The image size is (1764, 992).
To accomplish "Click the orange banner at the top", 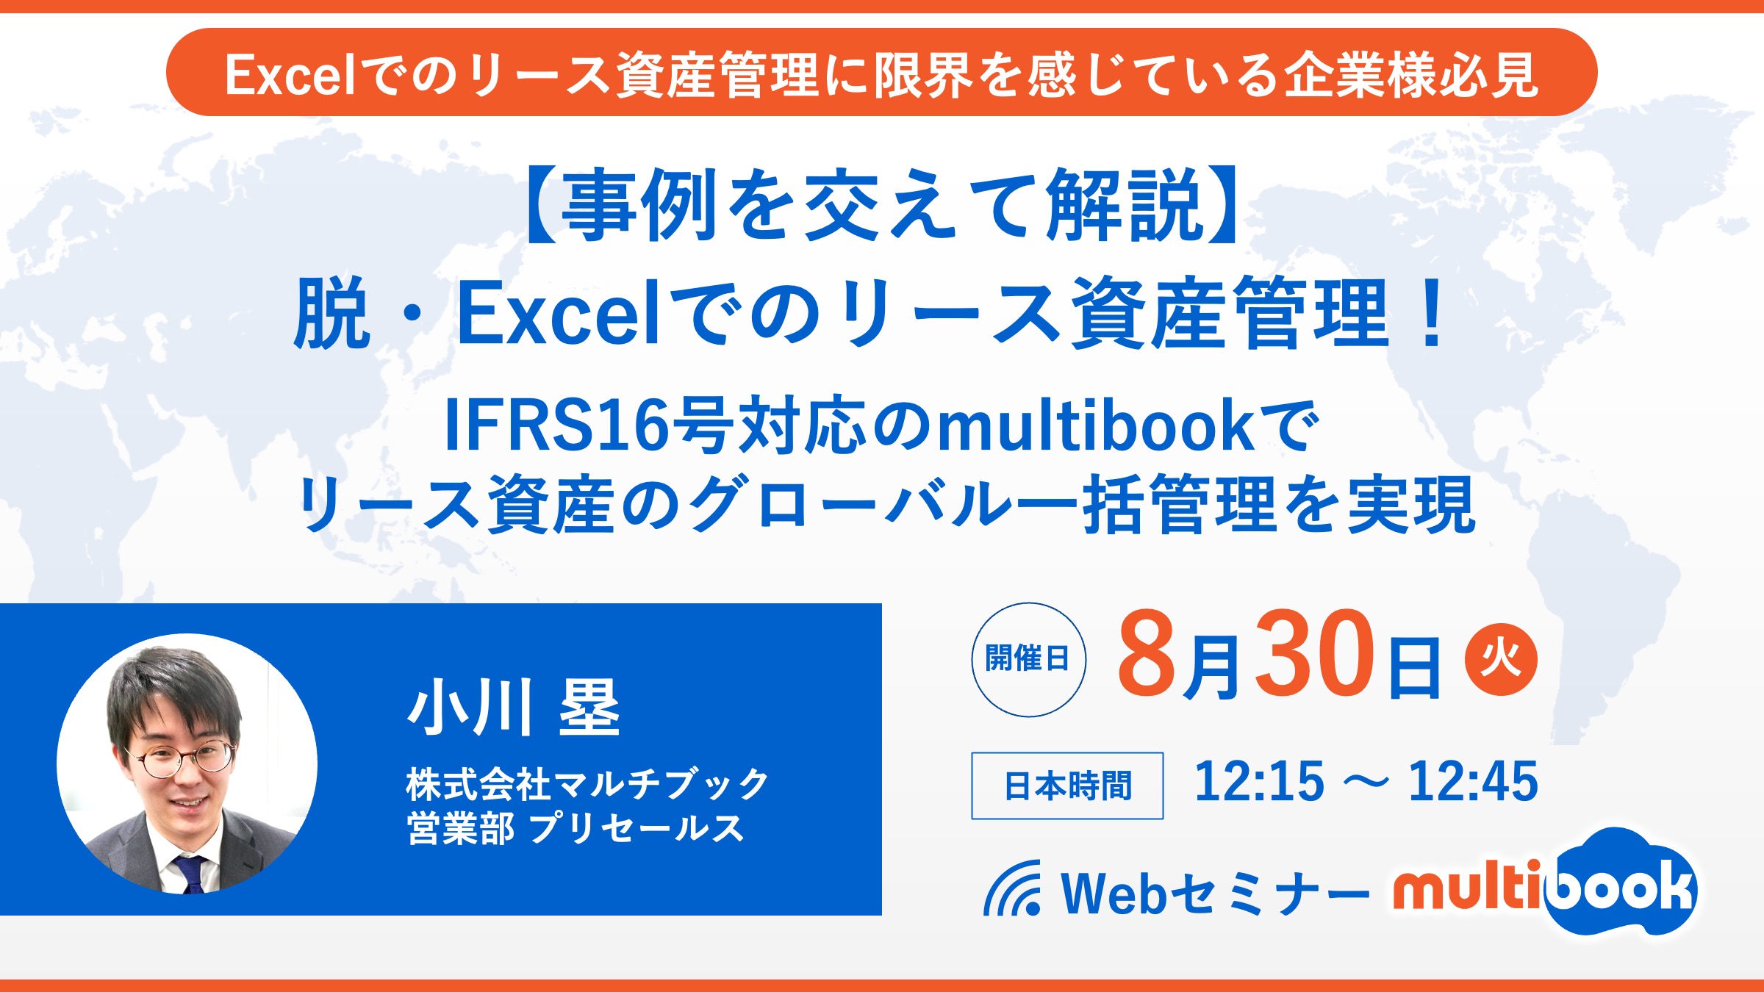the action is coord(881,72).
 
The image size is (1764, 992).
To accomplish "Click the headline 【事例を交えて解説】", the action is coord(881,205).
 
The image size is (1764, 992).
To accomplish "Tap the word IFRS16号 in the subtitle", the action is coord(589,425).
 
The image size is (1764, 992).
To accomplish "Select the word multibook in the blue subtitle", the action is coord(1096,425).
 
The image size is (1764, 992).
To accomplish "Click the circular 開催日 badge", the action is coord(1028,659).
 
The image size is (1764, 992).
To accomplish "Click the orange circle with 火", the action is coord(1501,659).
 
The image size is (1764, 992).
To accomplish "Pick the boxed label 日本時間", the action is coord(1067,786).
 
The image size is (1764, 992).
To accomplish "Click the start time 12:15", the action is coord(1259,781).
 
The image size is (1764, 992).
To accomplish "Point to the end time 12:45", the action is coord(1473,781).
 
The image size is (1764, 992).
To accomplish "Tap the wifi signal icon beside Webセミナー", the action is coord(1013,889).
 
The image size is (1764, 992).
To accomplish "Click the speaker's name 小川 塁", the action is coord(514,708).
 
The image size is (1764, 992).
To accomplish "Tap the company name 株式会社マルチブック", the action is coord(587,784).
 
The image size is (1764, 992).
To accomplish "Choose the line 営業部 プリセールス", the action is coord(576,828).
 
